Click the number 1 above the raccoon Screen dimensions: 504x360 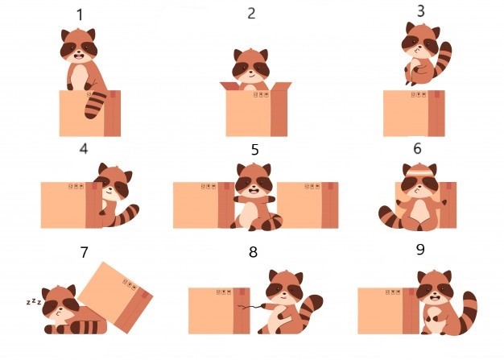point(80,15)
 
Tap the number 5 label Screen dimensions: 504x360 point(254,150)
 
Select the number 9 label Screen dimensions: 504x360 point(420,249)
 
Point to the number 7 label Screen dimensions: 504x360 point(84,252)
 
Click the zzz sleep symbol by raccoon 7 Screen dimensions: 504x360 point(34,301)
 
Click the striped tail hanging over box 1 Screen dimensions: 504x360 point(95,106)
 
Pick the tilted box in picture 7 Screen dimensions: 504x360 point(116,297)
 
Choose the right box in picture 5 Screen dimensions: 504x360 point(308,205)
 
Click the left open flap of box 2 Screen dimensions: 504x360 point(230,86)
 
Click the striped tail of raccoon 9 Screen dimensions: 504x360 point(468,312)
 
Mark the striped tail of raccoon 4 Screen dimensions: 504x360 point(126,216)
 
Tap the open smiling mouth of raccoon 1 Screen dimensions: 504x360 point(79,57)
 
